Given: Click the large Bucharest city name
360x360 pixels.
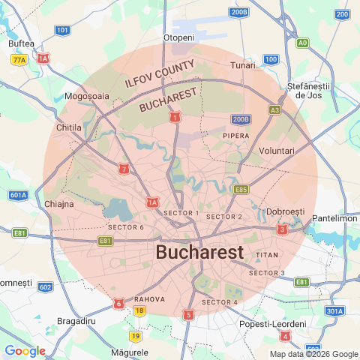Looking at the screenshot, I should click(199, 253).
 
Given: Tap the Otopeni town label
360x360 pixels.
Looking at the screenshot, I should click(178, 37).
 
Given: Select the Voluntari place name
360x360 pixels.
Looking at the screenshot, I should click(277, 151).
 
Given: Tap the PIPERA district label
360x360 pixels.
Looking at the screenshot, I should click(236, 135).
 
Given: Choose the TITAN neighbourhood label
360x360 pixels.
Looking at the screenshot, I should click(268, 255).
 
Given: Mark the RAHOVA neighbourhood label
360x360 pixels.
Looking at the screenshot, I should click(150, 298).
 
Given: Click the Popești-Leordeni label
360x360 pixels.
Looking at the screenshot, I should click(273, 323).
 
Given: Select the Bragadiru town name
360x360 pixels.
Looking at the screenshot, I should click(77, 321).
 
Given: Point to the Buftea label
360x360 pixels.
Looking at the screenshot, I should click(21, 43).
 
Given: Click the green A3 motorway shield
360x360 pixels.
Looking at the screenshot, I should click(275, 110).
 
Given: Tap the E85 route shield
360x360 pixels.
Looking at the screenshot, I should click(241, 190).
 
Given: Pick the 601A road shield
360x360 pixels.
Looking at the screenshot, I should click(19, 195).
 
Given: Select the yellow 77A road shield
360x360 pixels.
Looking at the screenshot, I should click(19, 59).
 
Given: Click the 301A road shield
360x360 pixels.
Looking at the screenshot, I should click(334, 310).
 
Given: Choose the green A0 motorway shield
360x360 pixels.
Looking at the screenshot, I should click(302, 43).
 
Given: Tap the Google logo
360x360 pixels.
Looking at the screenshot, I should click(25, 351).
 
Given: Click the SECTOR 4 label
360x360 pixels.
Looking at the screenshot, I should click(220, 302).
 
